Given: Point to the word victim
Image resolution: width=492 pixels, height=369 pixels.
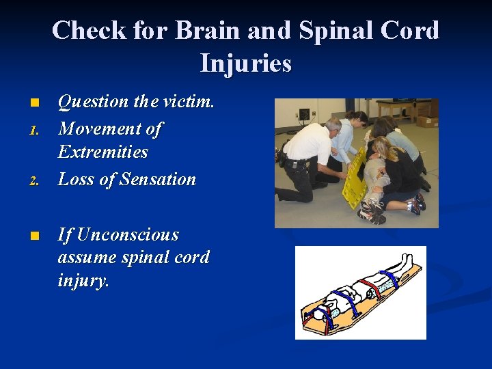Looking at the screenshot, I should [x=189, y=102].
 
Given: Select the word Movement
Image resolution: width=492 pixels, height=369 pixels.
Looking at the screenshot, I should [x=101, y=128].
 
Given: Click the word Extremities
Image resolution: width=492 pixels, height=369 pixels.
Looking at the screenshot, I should [x=103, y=152].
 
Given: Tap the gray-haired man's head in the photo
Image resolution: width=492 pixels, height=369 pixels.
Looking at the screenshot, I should [x=333, y=126].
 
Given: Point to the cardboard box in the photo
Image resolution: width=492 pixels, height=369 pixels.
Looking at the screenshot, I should [x=427, y=121].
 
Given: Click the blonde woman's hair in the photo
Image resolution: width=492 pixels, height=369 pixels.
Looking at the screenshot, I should [x=382, y=148].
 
